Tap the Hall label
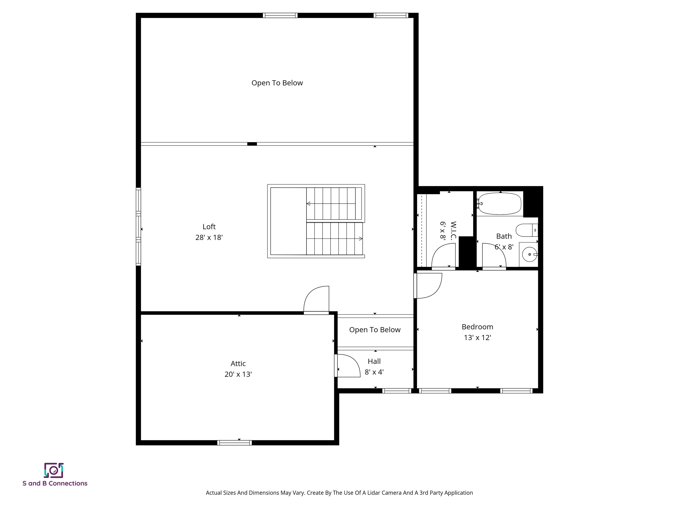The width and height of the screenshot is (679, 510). [x=374, y=361]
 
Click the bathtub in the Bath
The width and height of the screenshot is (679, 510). [x=500, y=203]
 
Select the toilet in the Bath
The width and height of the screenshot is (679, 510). [x=526, y=230]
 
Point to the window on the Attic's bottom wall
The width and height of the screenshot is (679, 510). [x=235, y=443]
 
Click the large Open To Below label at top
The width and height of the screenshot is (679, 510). [x=277, y=83]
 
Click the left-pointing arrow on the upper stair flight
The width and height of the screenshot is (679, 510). [x=309, y=203]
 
